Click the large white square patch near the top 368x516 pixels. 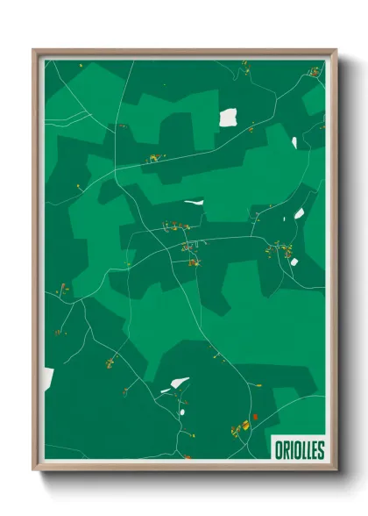tap(228, 117)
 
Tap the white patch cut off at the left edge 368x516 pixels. tap(47, 379)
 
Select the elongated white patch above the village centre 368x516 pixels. tap(194, 203)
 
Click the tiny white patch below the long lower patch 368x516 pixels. tap(183, 405)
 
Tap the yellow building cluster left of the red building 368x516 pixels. tap(238, 428)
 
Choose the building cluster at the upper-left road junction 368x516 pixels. tap(154, 159)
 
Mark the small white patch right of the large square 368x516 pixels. tap(294, 141)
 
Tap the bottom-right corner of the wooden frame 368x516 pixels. tap(335, 471)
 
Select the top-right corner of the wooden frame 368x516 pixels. tap(335, 51)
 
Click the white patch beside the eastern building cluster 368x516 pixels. tap(294, 261)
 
